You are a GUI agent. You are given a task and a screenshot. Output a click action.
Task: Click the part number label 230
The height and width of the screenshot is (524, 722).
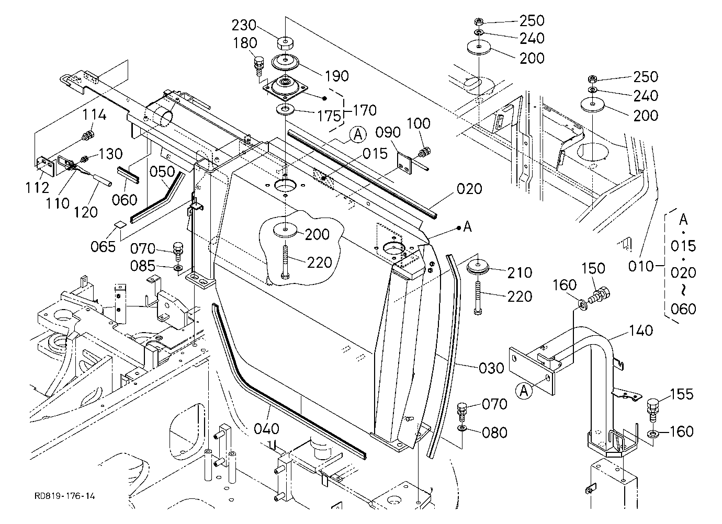(244, 25)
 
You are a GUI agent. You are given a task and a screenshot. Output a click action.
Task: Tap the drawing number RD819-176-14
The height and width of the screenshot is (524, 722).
(65, 496)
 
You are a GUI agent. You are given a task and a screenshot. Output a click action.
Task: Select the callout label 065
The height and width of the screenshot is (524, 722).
(103, 247)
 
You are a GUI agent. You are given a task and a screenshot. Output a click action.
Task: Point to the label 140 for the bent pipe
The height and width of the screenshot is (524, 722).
(641, 331)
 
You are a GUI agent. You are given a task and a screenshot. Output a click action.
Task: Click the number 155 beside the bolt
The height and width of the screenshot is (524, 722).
(681, 394)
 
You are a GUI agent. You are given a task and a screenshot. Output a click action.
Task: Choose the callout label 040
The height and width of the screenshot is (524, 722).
(266, 429)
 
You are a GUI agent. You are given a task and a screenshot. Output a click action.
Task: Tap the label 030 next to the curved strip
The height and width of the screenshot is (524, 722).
(491, 368)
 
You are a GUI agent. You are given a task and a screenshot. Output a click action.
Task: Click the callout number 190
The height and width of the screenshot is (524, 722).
(337, 76)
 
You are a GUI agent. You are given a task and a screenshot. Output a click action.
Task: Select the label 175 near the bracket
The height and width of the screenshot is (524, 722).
(329, 116)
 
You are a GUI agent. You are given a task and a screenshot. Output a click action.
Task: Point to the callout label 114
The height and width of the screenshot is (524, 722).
(95, 115)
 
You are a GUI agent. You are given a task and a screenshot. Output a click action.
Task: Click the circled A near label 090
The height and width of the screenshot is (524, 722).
(358, 135)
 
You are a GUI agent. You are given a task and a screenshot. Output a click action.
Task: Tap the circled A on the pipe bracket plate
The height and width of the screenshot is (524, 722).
(524, 391)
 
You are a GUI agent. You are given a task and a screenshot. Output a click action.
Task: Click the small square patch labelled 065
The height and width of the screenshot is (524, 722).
(120, 224)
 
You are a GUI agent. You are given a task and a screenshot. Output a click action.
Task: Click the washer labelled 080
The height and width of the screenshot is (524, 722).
(462, 428)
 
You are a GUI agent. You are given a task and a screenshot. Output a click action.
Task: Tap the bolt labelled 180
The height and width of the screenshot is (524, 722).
(259, 66)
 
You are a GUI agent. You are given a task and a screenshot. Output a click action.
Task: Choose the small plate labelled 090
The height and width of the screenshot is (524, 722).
(404, 165)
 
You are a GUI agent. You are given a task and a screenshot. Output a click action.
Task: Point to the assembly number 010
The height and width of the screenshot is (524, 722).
(641, 266)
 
